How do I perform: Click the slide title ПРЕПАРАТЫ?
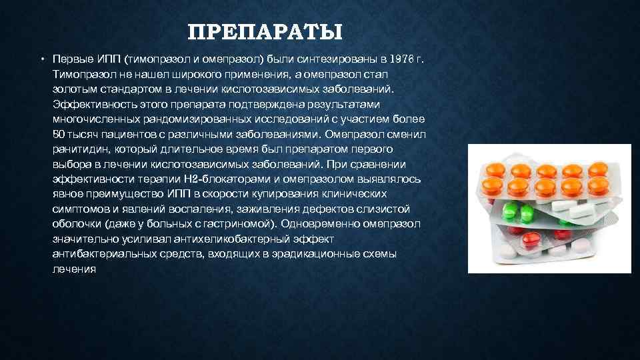[265, 31]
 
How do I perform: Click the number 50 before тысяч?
[59, 134]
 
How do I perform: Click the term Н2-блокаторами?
[232, 179]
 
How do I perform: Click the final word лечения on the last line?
[74, 269]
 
